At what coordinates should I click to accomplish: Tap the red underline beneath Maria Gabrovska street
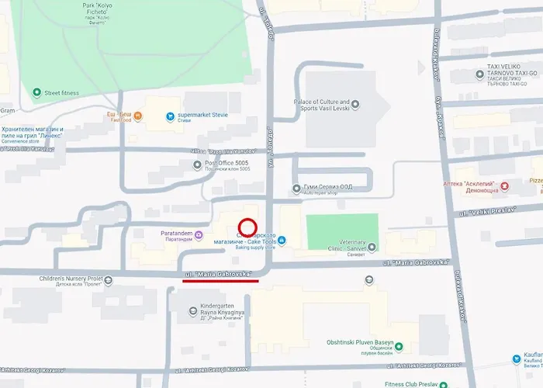221,281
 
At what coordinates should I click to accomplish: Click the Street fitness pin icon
36,93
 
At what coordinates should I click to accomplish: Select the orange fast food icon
137,117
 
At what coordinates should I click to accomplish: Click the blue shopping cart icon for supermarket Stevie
169,117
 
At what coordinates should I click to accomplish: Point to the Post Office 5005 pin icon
197,165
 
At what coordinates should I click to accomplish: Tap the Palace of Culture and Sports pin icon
345,102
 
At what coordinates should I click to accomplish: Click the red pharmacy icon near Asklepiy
504,185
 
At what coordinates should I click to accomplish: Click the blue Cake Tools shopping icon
282,240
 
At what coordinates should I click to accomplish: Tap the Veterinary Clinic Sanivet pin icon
371,248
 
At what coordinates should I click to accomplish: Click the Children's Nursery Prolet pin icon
108,280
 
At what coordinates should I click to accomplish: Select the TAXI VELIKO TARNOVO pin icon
479,74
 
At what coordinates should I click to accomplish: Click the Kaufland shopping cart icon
517,359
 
